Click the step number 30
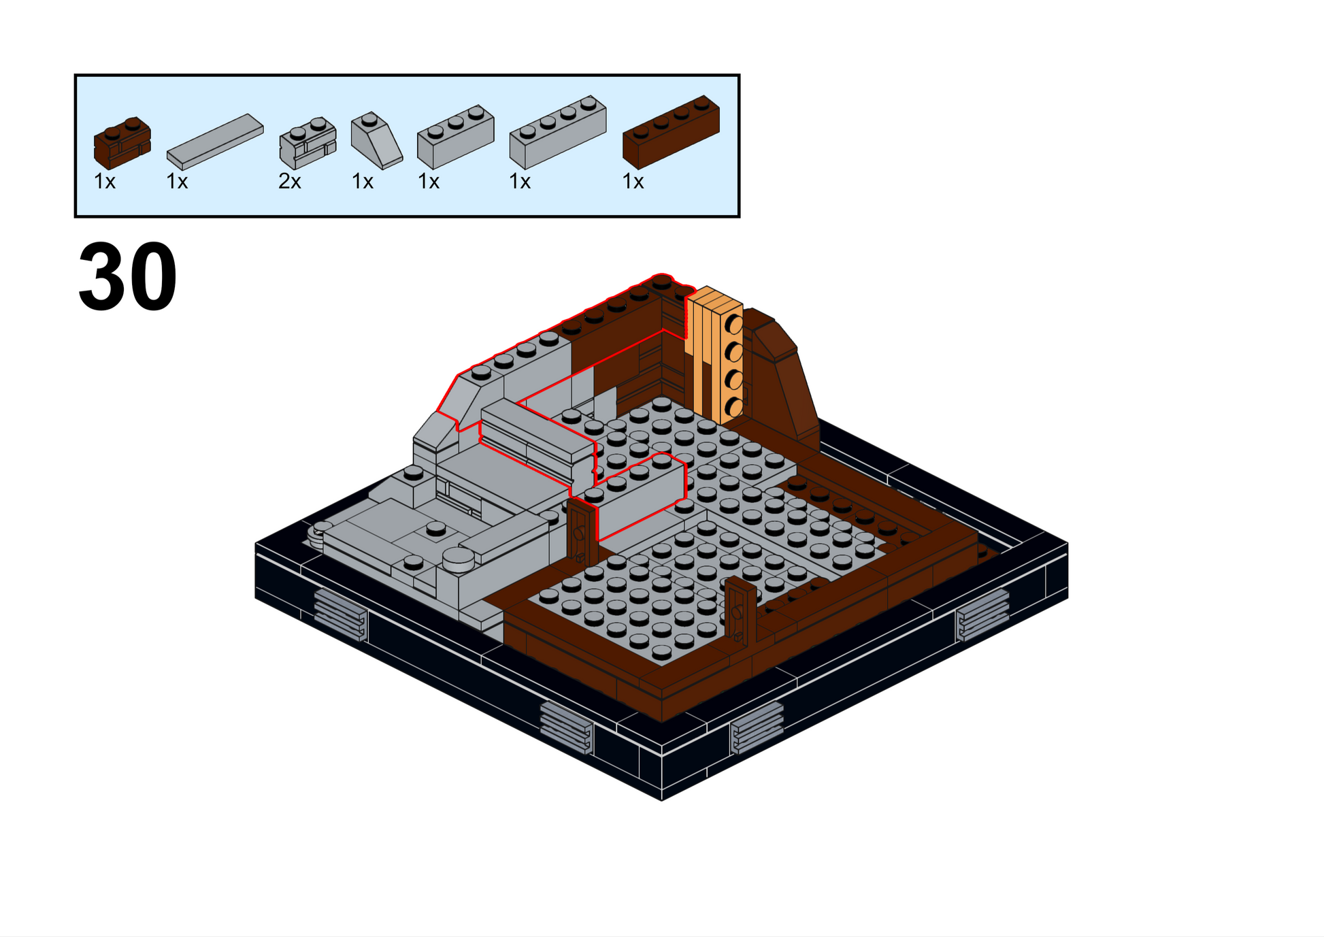(x=128, y=276)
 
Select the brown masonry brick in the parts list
(x=122, y=143)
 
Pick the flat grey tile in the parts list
(x=215, y=142)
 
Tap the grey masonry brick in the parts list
(x=308, y=143)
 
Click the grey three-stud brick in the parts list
(x=456, y=137)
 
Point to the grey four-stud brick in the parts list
(x=558, y=132)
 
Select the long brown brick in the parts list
(x=671, y=132)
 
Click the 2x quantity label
(x=290, y=182)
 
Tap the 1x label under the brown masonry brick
(x=105, y=182)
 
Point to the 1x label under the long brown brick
(x=633, y=182)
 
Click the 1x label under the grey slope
(x=363, y=182)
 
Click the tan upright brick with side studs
(x=714, y=354)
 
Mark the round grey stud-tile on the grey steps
(x=459, y=559)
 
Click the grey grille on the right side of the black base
(x=982, y=615)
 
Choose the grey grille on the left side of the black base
(x=341, y=615)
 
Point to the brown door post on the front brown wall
(x=740, y=610)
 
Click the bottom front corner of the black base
(x=661, y=801)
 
